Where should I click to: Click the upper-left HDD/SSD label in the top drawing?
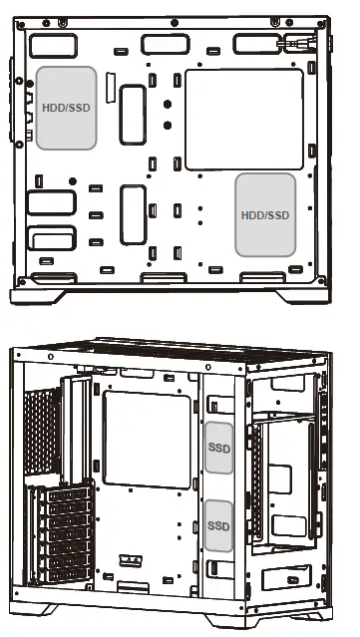[x=66, y=108]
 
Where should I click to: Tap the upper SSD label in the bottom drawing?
[x=218, y=449]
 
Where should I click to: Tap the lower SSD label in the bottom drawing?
[x=218, y=524]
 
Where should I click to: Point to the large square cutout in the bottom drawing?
[x=147, y=440]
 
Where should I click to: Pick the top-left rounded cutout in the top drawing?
[x=46, y=46]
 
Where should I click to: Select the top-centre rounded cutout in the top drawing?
[x=161, y=44]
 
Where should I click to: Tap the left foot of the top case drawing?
[x=40, y=296]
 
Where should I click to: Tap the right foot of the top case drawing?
[x=299, y=296]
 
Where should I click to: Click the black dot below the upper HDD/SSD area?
[x=73, y=179]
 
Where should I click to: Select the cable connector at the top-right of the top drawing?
[x=296, y=42]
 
